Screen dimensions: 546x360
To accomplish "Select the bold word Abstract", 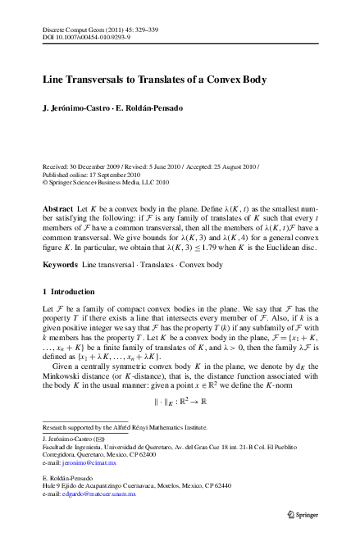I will (x=57, y=210).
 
